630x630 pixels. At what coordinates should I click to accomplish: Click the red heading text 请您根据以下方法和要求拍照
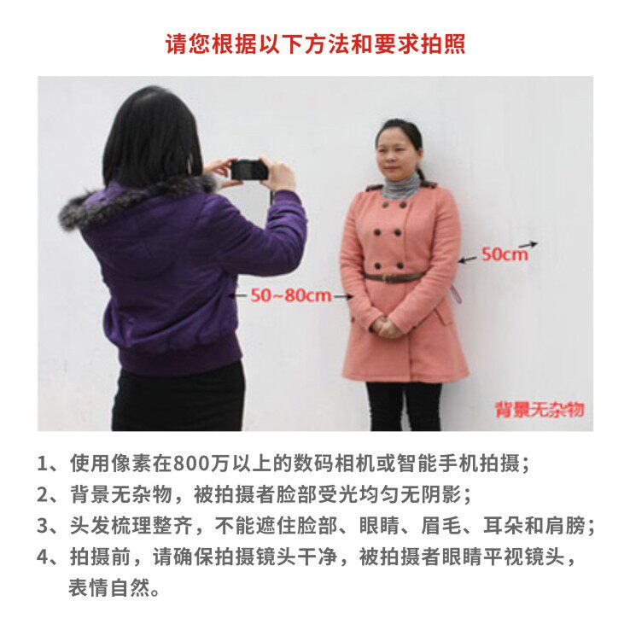(315, 44)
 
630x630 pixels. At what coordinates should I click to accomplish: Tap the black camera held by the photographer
(249, 170)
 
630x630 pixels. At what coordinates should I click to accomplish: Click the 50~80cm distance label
(291, 295)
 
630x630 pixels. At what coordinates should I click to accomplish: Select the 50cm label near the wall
(505, 254)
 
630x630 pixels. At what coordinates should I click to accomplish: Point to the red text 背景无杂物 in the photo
(540, 410)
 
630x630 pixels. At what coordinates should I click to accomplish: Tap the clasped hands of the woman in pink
(386, 326)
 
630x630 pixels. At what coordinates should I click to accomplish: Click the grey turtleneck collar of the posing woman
(400, 188)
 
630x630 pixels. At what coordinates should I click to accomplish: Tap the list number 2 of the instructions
(42, 494)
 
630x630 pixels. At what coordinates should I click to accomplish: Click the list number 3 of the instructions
(42, 526)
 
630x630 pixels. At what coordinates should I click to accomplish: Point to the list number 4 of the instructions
(42, 557)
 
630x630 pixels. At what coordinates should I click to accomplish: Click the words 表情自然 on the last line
(109, 588)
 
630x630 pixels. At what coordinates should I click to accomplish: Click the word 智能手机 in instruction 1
(437, 464)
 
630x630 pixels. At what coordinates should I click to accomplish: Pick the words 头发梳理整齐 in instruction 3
(131, 526)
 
